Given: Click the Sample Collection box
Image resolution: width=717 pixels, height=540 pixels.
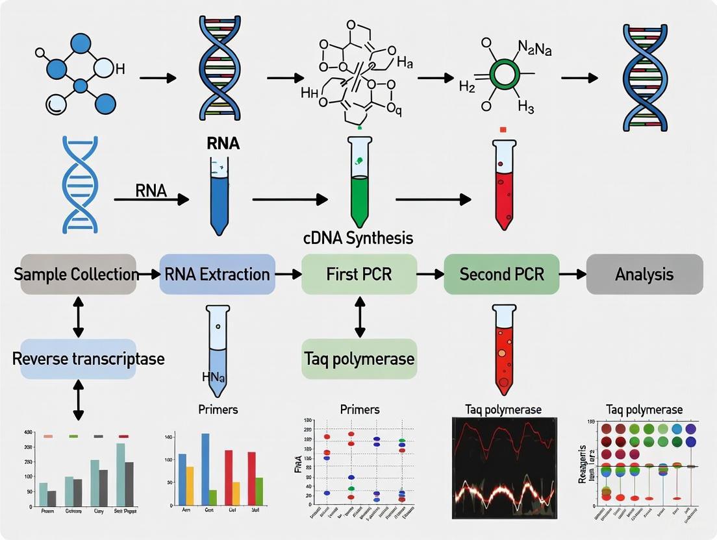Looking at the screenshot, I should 77,274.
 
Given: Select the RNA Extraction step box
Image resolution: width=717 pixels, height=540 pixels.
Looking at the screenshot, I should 217,274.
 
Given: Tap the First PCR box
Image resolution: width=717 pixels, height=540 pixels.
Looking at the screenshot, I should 359,274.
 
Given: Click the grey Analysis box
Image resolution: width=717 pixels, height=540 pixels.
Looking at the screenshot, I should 644,274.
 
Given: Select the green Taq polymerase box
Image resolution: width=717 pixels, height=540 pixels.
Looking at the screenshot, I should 359,358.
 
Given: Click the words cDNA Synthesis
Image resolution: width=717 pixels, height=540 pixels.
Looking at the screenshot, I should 357,238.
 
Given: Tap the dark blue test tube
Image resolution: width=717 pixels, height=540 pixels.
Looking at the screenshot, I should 218,195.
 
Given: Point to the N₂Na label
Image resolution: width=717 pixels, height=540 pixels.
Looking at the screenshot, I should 535,48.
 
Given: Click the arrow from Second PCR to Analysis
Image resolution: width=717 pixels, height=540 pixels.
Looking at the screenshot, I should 572,274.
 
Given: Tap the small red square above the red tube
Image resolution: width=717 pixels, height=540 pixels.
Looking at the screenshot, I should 503,130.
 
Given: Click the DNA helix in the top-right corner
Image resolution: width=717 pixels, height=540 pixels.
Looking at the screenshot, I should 644,77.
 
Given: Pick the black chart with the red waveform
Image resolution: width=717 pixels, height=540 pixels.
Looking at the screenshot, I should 503,469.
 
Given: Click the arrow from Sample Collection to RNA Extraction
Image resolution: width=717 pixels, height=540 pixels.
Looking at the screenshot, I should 149,274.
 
